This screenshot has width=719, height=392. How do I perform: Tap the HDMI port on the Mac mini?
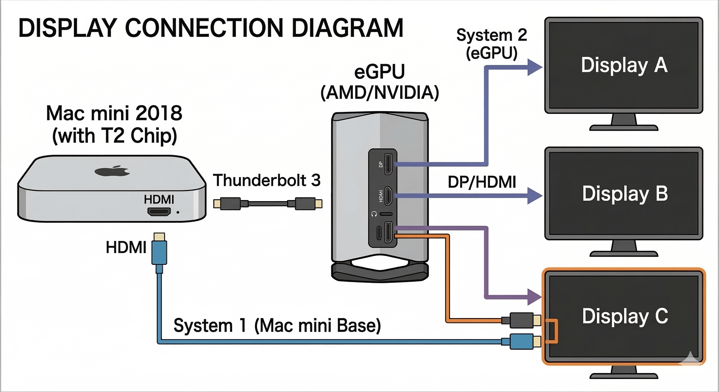(159, 212)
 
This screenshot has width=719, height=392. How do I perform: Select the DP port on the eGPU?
(388, 164)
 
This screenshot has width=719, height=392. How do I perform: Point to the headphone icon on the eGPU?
(374, 214)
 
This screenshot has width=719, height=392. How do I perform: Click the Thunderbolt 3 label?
(267, 180)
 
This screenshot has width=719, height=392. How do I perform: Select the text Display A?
(624, 65)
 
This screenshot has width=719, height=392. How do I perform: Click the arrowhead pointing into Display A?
(534, 67)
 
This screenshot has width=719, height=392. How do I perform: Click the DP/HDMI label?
(482, 182)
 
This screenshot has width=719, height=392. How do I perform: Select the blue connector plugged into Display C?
(521, 341)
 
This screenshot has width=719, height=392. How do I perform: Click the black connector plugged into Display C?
(521, 320)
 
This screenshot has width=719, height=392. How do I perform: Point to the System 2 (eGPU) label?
(492, 44)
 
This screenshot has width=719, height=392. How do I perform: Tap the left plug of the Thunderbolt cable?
(230, 203)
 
